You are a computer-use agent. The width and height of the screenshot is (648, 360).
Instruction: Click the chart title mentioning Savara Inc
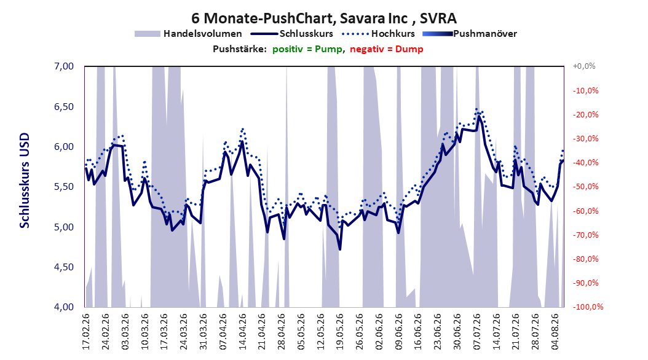pos(323,18)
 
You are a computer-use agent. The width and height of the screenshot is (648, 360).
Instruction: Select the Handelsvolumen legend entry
pos(188,34)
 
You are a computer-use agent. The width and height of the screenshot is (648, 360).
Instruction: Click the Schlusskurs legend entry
pos(292,34)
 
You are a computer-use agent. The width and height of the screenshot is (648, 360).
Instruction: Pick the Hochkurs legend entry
pos(378,34)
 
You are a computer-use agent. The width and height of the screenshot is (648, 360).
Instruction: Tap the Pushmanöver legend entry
pos(470,34)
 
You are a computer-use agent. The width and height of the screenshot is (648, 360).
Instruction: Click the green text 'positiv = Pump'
pos(307,49)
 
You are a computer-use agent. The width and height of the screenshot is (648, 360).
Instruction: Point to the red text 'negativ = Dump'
pos(387,49)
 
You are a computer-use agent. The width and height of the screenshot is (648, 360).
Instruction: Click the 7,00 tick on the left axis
pos(64,66)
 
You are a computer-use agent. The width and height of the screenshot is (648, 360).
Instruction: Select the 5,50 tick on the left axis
pos(64,187)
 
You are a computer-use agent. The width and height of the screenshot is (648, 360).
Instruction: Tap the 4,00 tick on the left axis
pos(64,307)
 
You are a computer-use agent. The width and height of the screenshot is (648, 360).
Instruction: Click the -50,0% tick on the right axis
pos(585,187)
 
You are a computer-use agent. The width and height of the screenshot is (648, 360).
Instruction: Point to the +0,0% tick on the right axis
pos(584,66)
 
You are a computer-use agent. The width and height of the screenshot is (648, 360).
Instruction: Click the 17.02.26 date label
pos(86,332)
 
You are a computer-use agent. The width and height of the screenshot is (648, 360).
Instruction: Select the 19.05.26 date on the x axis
pos(340,332)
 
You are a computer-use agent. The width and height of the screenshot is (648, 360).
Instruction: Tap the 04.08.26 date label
pos(555,332)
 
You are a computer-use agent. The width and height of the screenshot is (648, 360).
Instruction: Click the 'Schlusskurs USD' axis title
pos(25,181)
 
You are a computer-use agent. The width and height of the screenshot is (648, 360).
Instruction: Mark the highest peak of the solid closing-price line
pos(478,116)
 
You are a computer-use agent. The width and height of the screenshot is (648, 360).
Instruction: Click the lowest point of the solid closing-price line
pos(340,249)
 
